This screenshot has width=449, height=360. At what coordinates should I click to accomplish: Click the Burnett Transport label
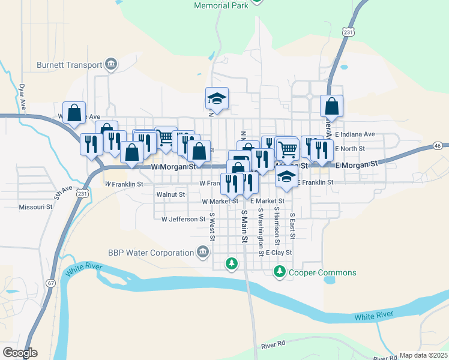pos(70,64)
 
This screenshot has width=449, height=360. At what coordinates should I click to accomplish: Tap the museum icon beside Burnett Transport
pos(111,64)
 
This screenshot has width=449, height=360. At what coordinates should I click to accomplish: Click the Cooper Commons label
pos(322,272)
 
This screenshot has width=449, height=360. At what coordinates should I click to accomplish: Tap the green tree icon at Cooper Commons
pos(279,272)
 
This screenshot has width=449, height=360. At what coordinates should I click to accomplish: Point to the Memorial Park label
pos(221,5)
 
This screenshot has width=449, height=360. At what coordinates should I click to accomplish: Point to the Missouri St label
pos(36,206)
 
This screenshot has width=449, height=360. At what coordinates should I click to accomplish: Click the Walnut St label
pos(170,194)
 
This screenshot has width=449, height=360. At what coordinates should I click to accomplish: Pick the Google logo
pos(20,353)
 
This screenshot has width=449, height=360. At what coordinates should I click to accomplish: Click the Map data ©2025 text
pos(423,355)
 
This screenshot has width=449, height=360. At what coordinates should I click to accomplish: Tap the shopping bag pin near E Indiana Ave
pos(331,108)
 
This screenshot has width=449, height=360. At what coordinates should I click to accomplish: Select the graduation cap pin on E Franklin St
pos(287,177)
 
